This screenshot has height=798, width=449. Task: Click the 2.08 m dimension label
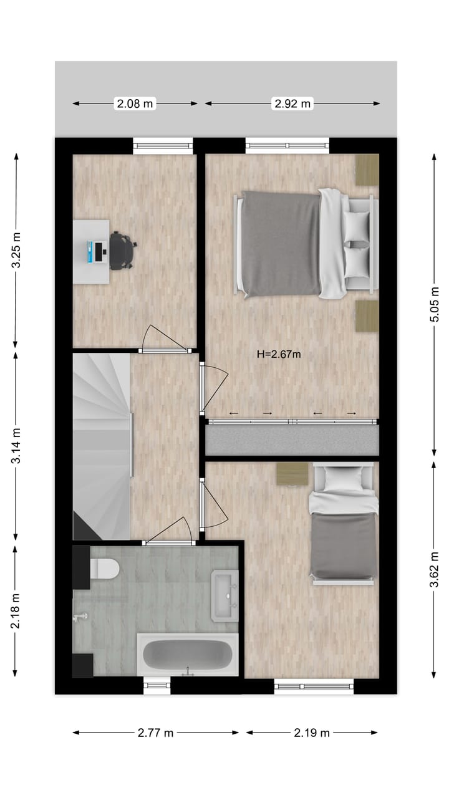tap(135, 104)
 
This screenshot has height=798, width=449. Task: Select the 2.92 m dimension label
tap(292, 104)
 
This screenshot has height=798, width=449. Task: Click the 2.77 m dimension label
tap(156, 733)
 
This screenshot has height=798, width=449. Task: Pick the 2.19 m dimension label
tap(312, 733)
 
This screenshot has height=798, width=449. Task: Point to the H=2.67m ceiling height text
tap(279, 355)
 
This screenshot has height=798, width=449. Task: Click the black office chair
tap(122, 251)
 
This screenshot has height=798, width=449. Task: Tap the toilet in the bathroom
tap(104, 569)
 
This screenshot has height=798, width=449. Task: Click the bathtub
tap(187, 655)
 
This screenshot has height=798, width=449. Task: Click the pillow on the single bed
tap(344, 478)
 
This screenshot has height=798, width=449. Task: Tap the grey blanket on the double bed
tap(281, 243)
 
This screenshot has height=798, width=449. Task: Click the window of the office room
tap(163, 147)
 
